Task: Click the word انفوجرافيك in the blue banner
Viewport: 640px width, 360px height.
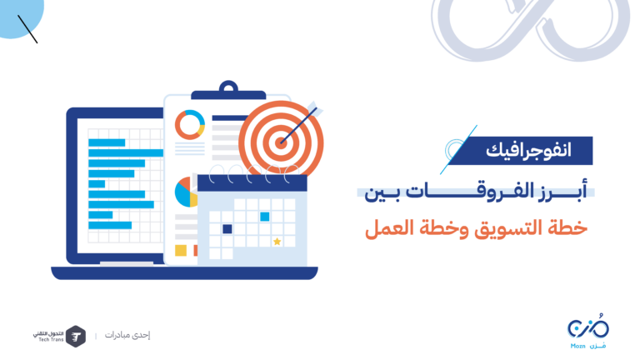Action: pyautogui.click(x=528, y=151)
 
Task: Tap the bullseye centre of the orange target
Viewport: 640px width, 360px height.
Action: pyautogui.click(x=281, y=142)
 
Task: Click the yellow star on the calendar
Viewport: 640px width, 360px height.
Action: pyautogui.click(x=277, y=241)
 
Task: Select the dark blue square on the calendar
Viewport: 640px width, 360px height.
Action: pyautogui.click(x=227, y=229)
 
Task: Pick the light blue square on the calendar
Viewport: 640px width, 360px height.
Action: pyautogui.click(x=265, y=217)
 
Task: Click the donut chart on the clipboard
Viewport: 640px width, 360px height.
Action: pyautogui.click(x=190, y=124)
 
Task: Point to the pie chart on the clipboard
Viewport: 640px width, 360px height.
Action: pyautogui.click(x=186, y=192)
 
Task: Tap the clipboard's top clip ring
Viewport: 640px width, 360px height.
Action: pyautogui.click(x=228, y=87)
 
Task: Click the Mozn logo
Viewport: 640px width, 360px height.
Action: pyautogui.click(x=588, y=332)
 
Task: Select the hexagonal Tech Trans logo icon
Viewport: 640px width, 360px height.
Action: pyautogui.click(x=76, y=337)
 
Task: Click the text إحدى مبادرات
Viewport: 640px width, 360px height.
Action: pyautogui.click(x=127, y=335)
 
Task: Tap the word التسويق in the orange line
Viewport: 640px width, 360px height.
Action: pyautogui.click(x=507, y=228)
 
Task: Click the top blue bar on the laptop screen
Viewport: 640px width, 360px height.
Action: pyautogui.click(x=107, y=142)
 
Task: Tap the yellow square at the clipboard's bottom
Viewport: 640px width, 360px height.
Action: pyautogui.click(x=181, y=250)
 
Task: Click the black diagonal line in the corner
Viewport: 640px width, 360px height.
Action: pyautogui.click(x=27, y=29)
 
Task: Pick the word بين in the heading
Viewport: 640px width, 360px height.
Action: pyautogui.click(x=381, y=192)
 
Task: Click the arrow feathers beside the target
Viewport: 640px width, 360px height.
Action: pyautogui.click(x=313, y=108)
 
